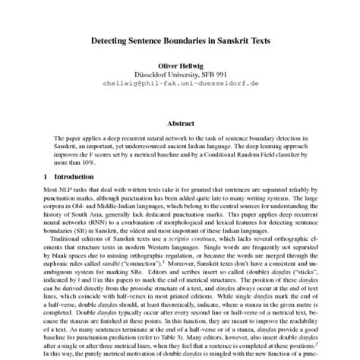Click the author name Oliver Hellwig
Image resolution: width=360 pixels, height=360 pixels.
click(x=179, y=66)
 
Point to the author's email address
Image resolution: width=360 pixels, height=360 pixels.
click(x=179, y=84)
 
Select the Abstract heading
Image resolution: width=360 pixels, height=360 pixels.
click(x=179, y=122)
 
